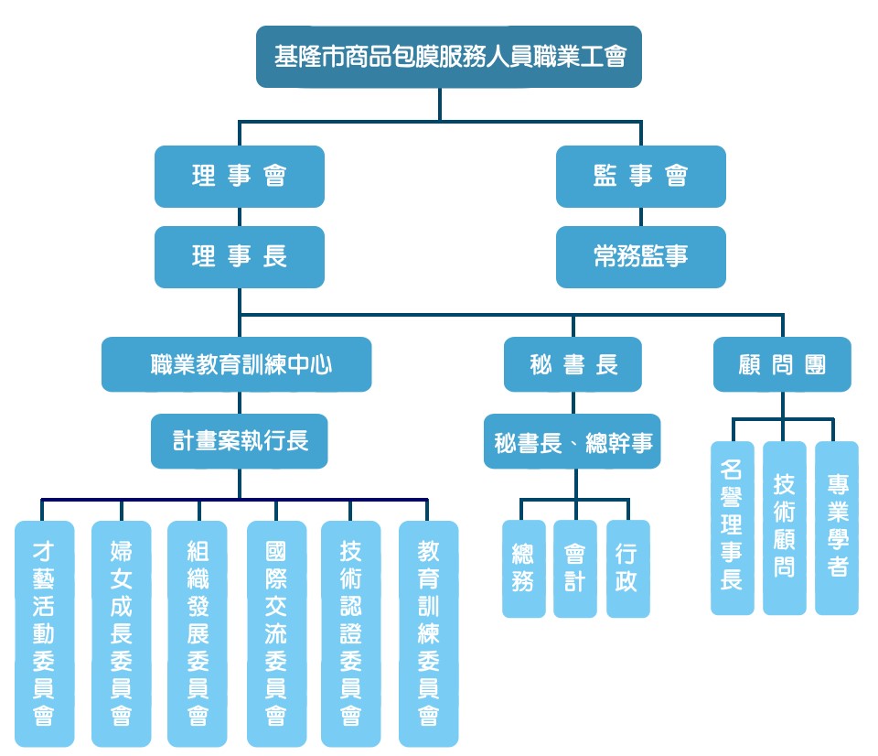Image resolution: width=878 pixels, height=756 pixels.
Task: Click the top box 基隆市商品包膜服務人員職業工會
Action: [x=448, y=57]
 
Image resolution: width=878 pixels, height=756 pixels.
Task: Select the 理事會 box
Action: [x=240, y=176]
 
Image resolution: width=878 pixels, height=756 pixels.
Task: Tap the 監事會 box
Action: [x=640, y=176]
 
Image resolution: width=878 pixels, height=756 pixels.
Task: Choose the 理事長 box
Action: [x=240, y=256]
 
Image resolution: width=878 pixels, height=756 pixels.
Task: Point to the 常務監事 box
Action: [x=640, y=256]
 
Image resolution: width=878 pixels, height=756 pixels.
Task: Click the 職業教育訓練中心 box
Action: [x=237, y=364]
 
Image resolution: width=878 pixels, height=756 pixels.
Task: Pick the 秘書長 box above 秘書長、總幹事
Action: [x=573, y=364]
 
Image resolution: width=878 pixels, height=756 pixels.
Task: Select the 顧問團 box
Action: [x=782, y=364]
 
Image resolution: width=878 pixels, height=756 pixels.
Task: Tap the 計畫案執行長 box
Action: [x=240, y=441]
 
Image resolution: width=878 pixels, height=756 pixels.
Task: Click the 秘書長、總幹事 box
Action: [x=573, y=443]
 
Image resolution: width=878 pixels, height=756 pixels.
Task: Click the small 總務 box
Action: [x=523, y=568]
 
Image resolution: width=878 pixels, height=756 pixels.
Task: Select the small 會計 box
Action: [x=574, y=568]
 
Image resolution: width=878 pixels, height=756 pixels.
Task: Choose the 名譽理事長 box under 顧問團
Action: [x=732, y=527]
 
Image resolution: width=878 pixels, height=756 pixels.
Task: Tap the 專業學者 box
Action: [x=836, y=527]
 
